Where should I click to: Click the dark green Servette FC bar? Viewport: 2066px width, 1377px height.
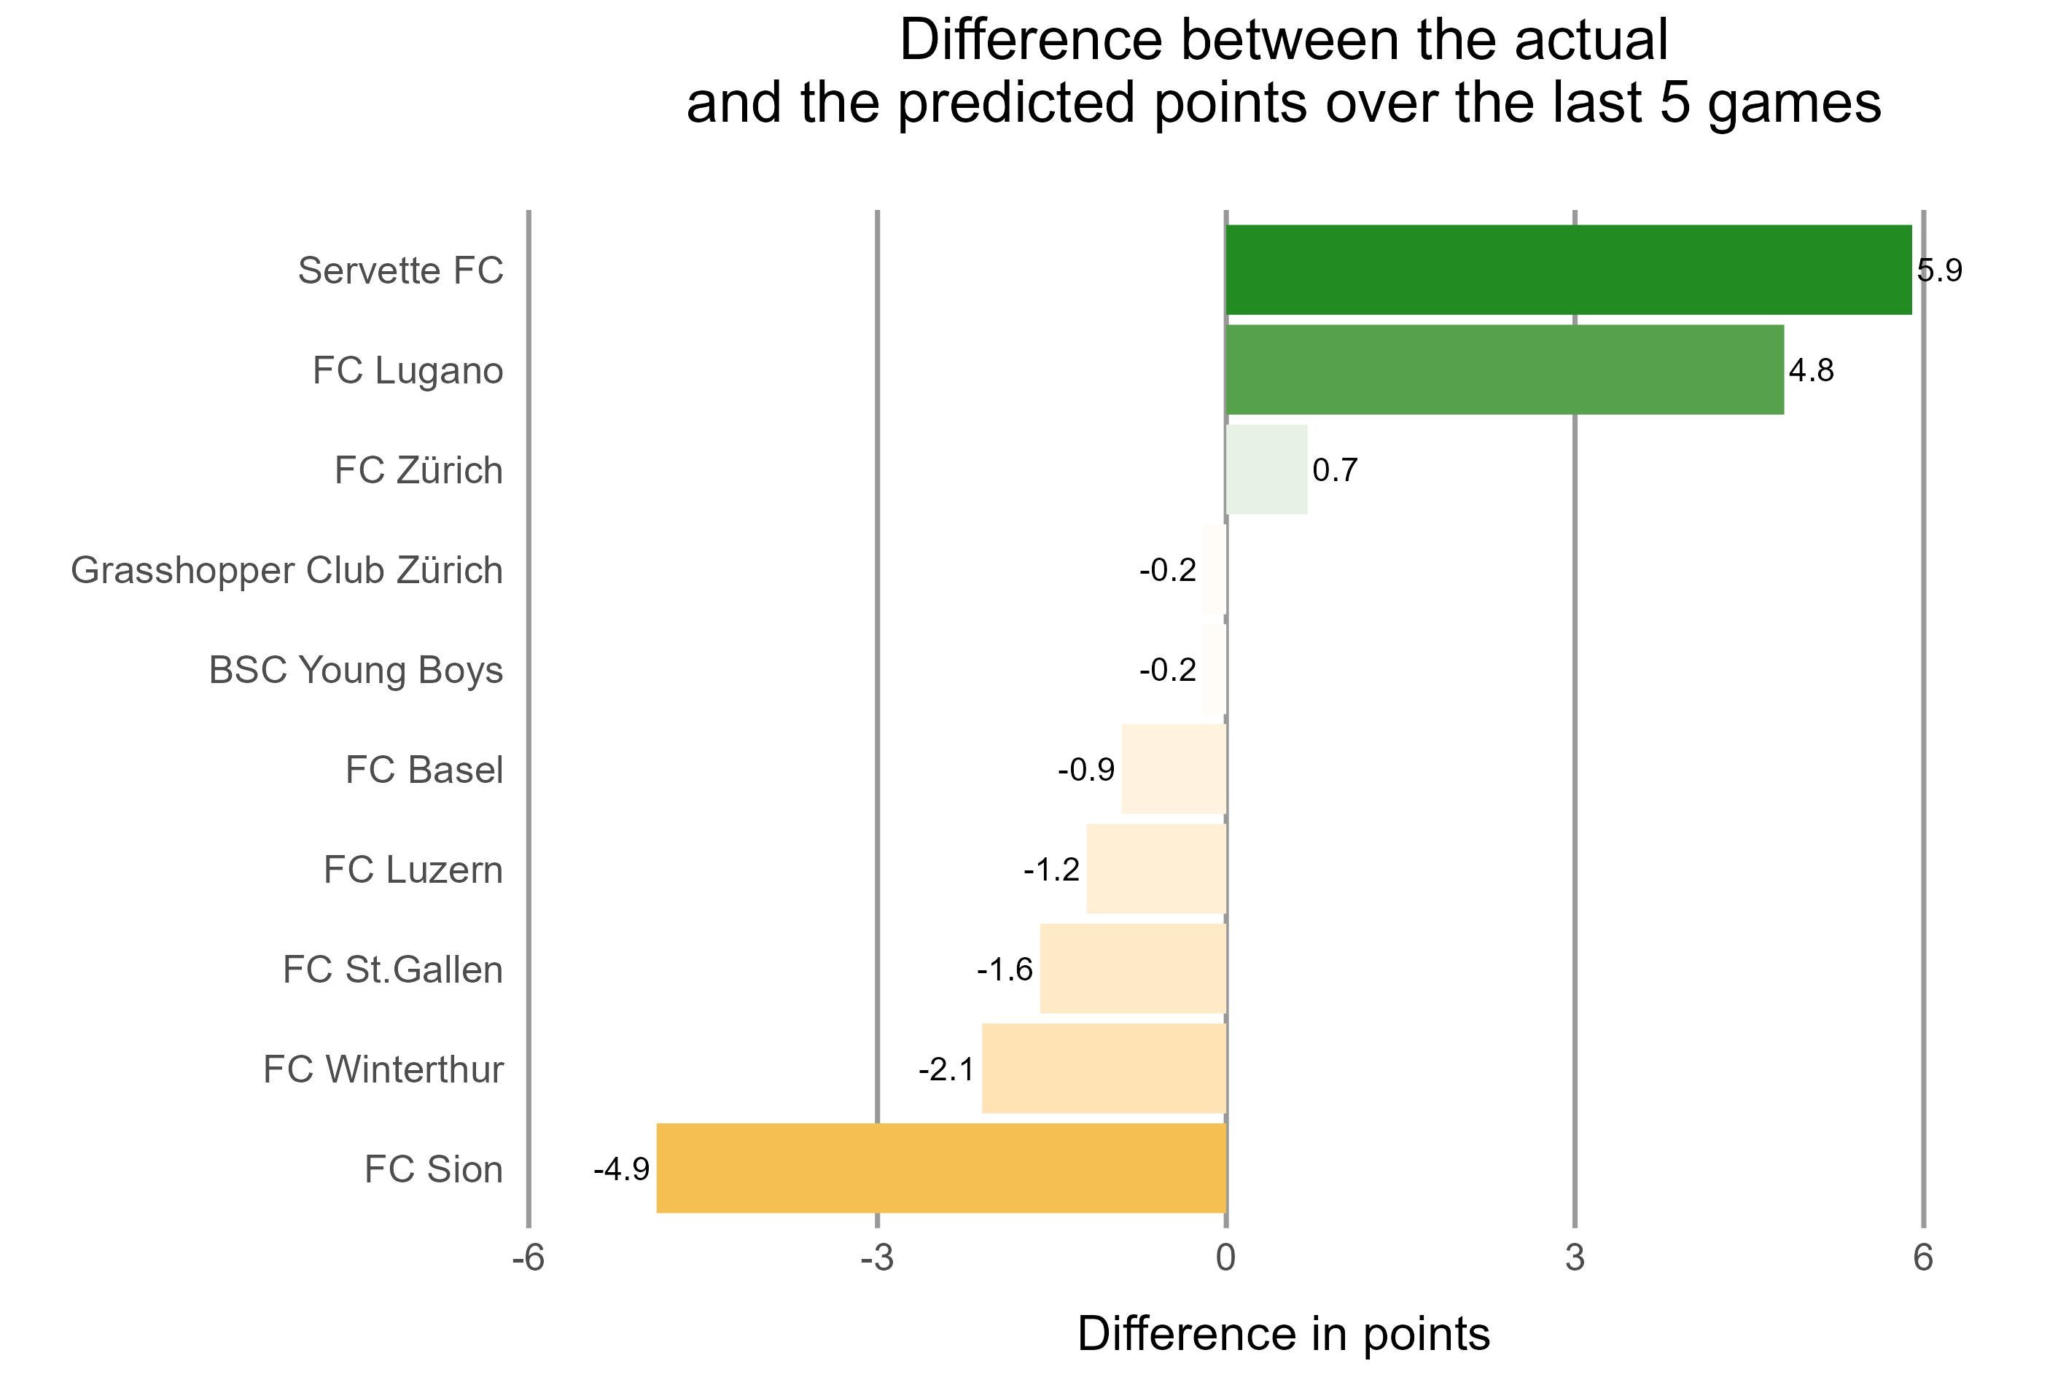point(1568,270)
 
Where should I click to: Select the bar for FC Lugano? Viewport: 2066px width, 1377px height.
point(1504,370)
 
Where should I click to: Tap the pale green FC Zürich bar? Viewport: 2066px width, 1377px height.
point(1266,470)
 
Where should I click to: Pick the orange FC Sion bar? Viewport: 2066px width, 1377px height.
point(940,1168)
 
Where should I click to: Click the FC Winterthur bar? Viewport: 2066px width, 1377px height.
point(1103,1068)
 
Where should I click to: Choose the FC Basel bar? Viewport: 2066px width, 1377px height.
point(1173,769)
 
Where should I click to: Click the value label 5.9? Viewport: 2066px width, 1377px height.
point(1938,270)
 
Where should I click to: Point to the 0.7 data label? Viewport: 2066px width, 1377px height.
point(1335,471)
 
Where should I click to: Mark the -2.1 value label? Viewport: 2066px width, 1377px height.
point(946,1069)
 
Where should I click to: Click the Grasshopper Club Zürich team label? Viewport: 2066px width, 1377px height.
point(287,571)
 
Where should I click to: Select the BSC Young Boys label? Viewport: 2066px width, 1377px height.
point(356,670)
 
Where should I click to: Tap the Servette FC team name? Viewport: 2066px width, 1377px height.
point(400,270)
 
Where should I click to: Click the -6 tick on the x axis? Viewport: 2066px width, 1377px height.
point(528,1258)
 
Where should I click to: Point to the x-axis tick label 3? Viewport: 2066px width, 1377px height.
point(1575,1258)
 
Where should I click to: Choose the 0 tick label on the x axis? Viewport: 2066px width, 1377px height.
point(1225,1258)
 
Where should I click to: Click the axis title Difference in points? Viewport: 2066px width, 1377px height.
point(1283,1334)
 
